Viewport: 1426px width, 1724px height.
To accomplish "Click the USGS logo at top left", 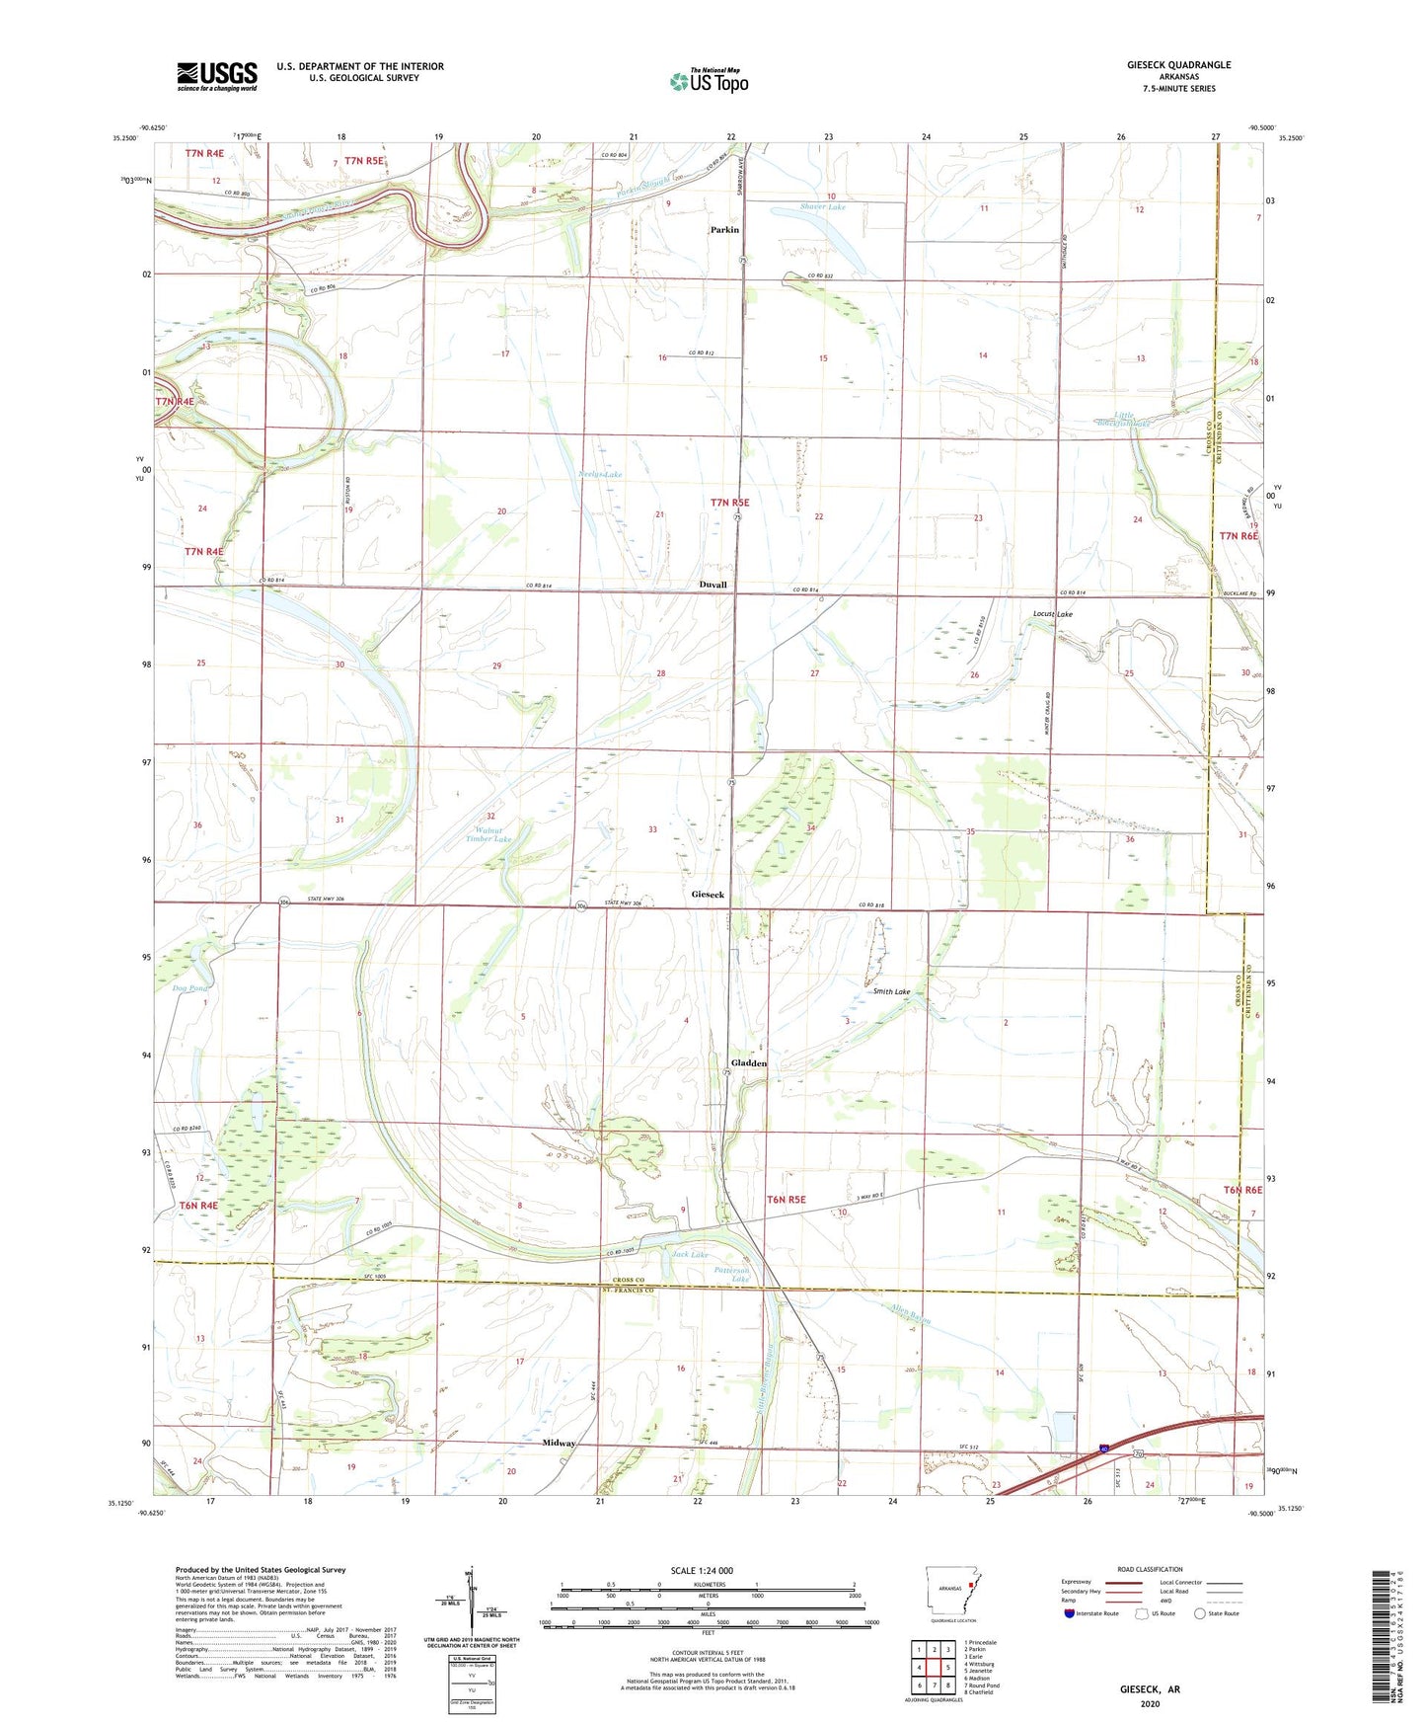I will coord(217,76).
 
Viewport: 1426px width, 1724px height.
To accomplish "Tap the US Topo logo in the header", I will coord(709,81).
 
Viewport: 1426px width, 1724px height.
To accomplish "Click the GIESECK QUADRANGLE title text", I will coord(1178,65).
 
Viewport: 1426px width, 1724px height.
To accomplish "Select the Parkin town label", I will coord(724,230).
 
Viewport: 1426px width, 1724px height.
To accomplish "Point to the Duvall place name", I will coord(713,585).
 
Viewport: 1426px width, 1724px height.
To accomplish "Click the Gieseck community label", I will coord(708,895).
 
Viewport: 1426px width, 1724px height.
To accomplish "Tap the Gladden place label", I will coord(749,1063).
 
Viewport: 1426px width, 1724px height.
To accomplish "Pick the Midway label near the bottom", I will coord(559,1443).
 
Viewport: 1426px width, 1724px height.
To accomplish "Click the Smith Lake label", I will coord(891,991).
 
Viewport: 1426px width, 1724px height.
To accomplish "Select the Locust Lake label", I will coord(1052,614).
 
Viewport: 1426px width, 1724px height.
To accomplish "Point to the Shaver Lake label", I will coord(822,207).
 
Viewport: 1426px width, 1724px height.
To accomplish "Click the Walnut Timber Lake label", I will coord(487,834).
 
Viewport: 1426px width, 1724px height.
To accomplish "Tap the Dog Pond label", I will coord(190,987).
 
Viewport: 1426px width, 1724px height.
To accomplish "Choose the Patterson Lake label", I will coord(732,1274).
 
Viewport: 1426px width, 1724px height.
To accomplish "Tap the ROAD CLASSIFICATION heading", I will coord(1151,1569).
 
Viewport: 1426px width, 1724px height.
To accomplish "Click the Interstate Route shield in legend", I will coord(1070,1613).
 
